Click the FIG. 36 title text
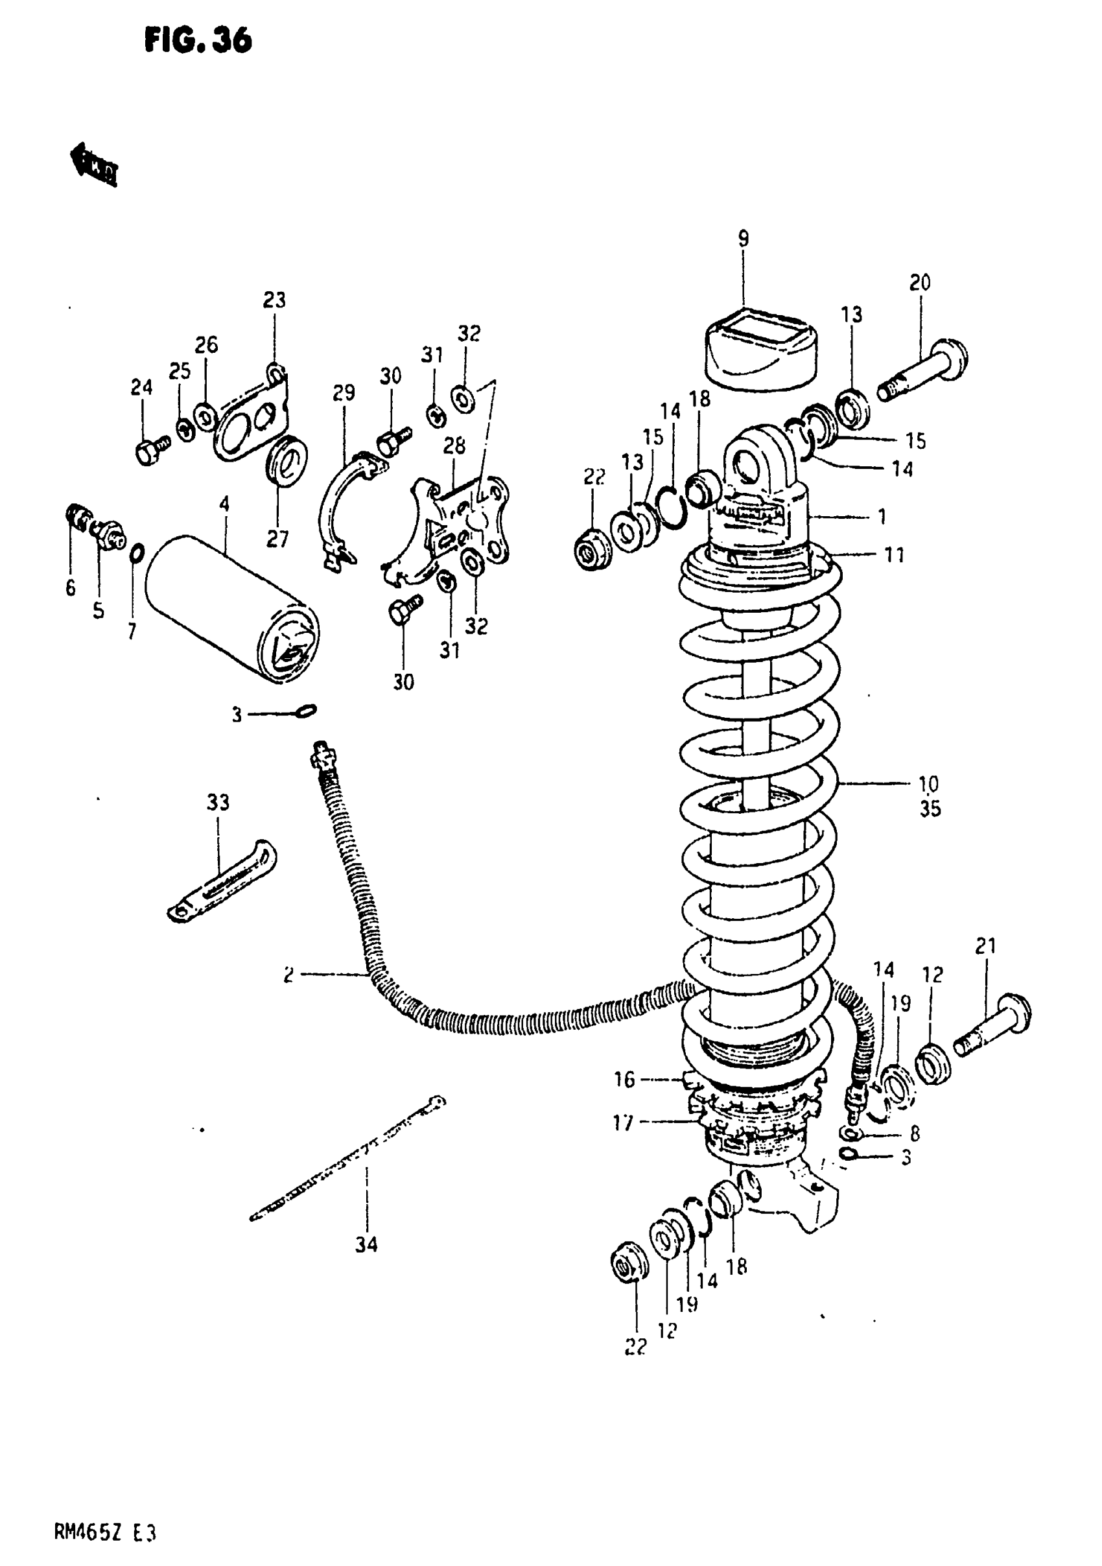coord(198,42)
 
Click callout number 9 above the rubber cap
coord(744,239)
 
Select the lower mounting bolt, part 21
coord(992,1030)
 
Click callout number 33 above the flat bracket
coord(218,803)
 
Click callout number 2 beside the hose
coord(289,975)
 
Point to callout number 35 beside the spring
coord(930,809)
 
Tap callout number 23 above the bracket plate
coord(274,300)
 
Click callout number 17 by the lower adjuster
coord(624,1122)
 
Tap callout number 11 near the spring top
coord(894,555)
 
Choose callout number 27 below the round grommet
coord(277,540)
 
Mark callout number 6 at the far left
coord(71,588)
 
